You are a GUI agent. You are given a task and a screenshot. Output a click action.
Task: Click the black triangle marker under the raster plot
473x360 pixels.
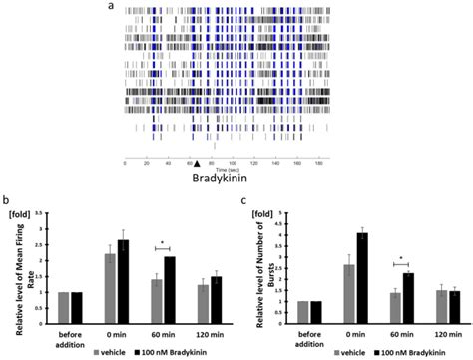coord(197,164)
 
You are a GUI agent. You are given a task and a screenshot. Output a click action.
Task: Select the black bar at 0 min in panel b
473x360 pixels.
coord(123,279)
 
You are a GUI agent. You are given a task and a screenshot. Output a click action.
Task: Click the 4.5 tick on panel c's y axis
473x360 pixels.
coord(284,212)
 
